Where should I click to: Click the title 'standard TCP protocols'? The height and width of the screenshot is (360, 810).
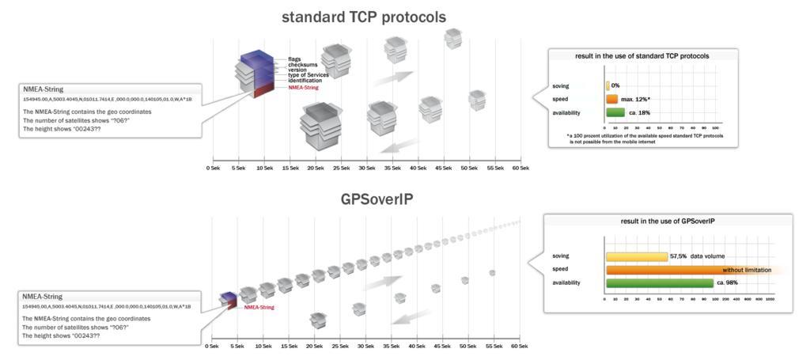coord(364,17)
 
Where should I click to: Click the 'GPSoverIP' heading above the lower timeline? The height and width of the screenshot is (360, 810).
coord(377,199)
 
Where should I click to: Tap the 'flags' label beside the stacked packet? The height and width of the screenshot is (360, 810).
coord(294,59)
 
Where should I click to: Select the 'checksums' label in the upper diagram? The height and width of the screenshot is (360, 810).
coord(301,65)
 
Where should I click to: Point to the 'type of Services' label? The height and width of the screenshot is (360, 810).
coord(308,75)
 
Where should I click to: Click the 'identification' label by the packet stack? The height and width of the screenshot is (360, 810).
coord(305,81)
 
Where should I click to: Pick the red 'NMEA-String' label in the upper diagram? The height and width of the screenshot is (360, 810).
coord(305,87)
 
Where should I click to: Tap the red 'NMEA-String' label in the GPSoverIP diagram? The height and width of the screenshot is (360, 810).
coord(259,307)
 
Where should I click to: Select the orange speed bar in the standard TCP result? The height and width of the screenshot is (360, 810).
coord(611,99)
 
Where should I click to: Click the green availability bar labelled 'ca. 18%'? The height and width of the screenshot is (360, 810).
coord(615,112)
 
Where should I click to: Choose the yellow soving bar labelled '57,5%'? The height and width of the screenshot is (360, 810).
coord(636,256)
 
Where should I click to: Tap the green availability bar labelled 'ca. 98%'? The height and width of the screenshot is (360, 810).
coord(659,282)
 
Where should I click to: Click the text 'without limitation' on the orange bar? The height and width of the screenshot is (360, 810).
coord(744,270)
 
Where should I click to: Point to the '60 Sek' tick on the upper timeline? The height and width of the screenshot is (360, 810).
coord(520,168)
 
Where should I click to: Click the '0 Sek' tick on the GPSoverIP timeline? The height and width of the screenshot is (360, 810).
coord(212,346)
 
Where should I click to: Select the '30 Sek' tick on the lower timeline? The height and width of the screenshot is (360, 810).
coord(366,346)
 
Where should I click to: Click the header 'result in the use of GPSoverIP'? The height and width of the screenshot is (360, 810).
coord(668,221)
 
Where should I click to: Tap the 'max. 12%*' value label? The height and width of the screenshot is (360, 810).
coord(636,100)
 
